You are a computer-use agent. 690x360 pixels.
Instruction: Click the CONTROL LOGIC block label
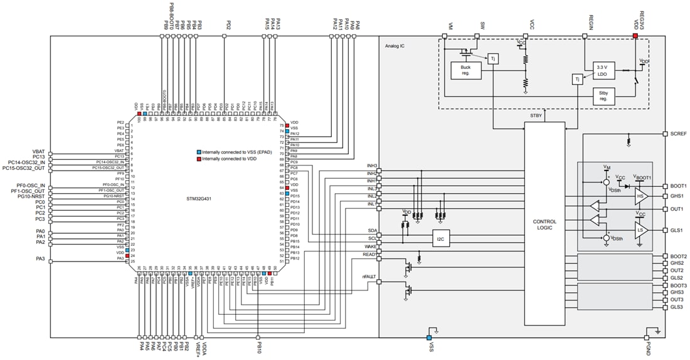(544, 225)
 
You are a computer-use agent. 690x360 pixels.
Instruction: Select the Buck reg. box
(466, 70)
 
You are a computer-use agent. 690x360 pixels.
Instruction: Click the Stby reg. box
(604, 96)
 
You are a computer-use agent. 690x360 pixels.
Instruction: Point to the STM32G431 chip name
(206, 199)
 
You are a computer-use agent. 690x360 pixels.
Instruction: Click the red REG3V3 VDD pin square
(635, 36)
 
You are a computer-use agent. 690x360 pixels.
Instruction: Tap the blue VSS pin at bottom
(430, 329)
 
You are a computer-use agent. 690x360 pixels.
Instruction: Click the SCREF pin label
(678, 134)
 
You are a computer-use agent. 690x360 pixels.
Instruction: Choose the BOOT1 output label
(677, 186)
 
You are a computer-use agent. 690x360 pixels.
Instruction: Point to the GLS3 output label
(676, 307)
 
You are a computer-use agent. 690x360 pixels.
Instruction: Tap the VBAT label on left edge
(38, 152)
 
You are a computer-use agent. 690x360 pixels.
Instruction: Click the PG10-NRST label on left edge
(30, 197)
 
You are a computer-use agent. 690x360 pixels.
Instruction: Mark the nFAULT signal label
(369, 277)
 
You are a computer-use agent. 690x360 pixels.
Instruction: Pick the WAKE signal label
(370, 246)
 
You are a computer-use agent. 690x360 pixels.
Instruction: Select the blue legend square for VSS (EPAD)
(199, 152)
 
